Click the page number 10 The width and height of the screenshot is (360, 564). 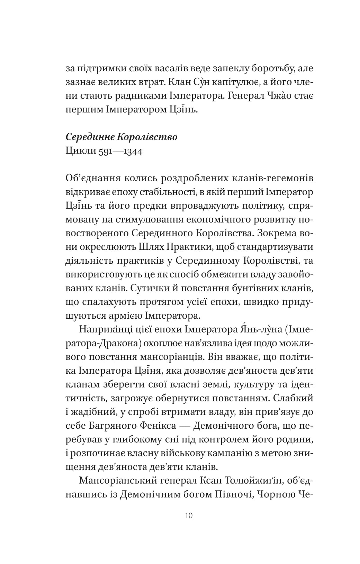point(189,516)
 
